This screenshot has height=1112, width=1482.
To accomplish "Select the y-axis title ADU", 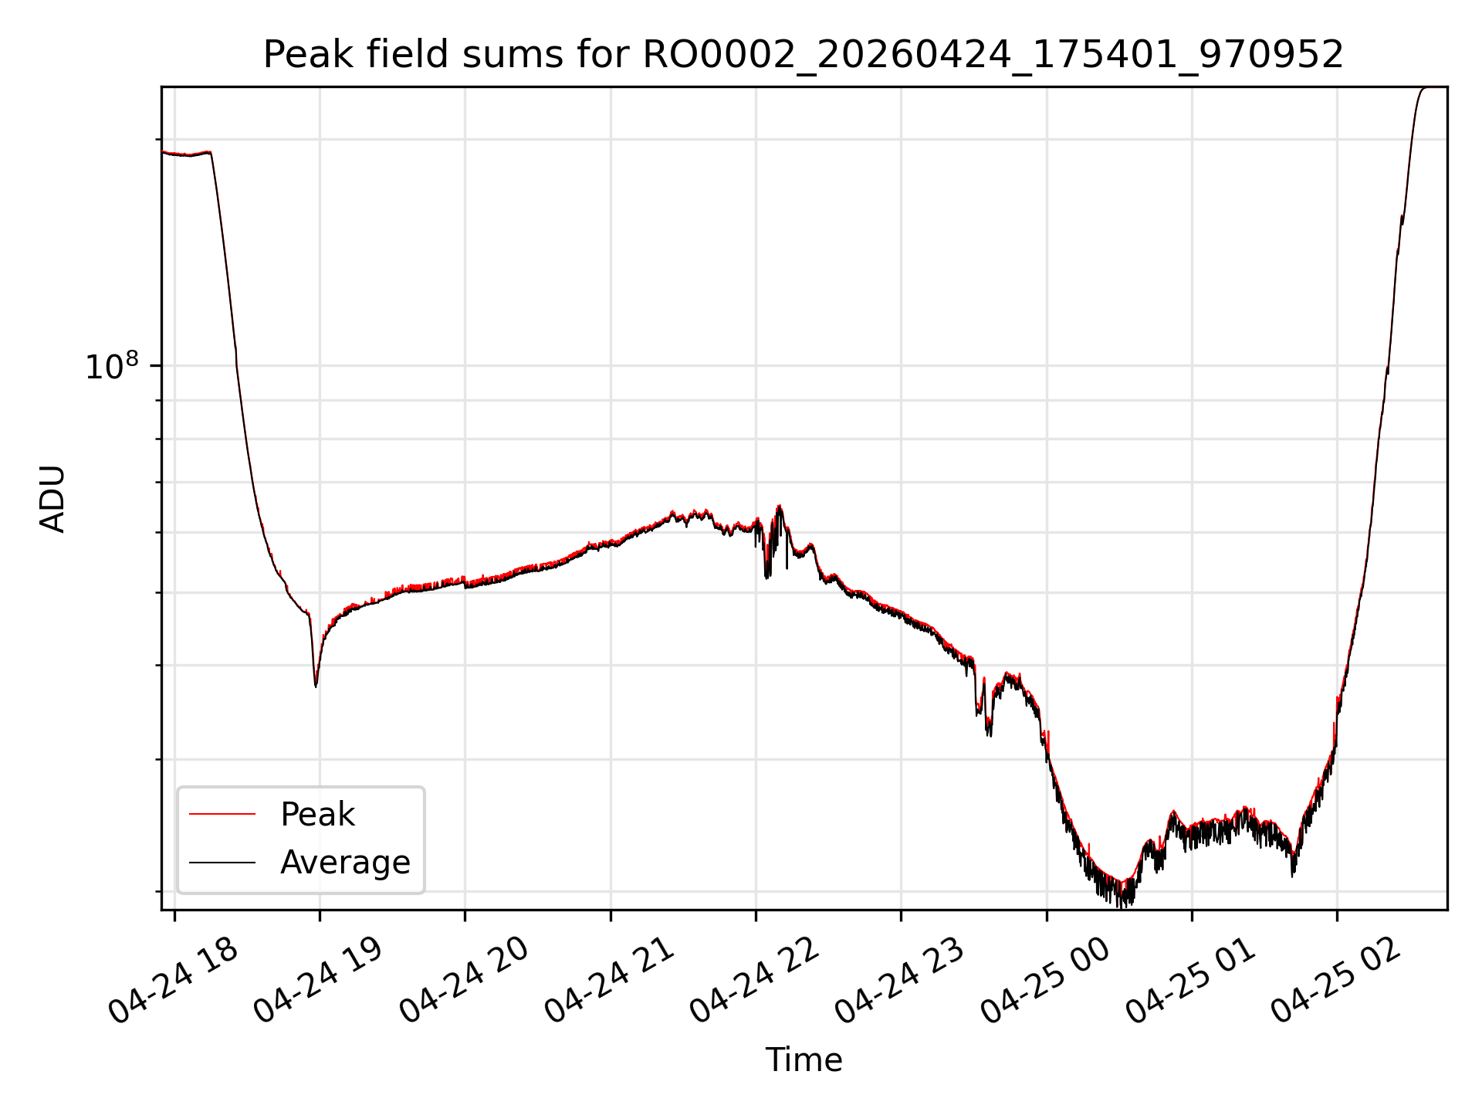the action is pos(52,499).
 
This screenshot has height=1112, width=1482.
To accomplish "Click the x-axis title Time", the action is pos(804,1060).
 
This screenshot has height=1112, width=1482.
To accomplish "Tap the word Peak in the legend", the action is pos(317,815).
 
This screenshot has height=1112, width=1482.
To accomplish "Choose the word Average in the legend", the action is pos(345,863).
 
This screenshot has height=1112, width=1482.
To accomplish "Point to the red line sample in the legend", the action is pos(222,814).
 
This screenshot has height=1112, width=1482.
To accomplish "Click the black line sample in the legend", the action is pos(222,862).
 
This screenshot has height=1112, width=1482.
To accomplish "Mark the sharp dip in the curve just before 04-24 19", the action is pos(316,684).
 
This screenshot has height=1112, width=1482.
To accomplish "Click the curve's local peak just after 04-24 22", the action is pos(780,507).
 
